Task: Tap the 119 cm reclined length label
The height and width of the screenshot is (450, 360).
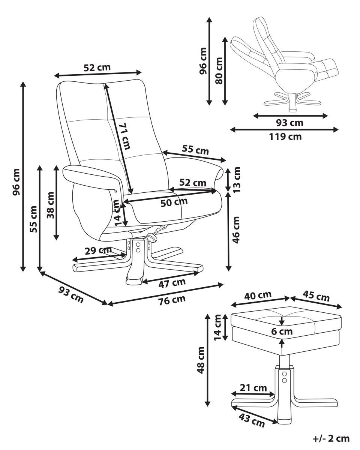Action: click(x=285, y=136)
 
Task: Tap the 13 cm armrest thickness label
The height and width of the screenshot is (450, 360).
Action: click(x=236, y=179)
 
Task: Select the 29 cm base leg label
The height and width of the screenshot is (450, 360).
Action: click(x=98, y=250)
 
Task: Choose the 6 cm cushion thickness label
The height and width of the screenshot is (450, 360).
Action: click(x=282, y=331)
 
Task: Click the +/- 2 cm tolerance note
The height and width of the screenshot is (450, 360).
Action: click(x=331, y=438)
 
